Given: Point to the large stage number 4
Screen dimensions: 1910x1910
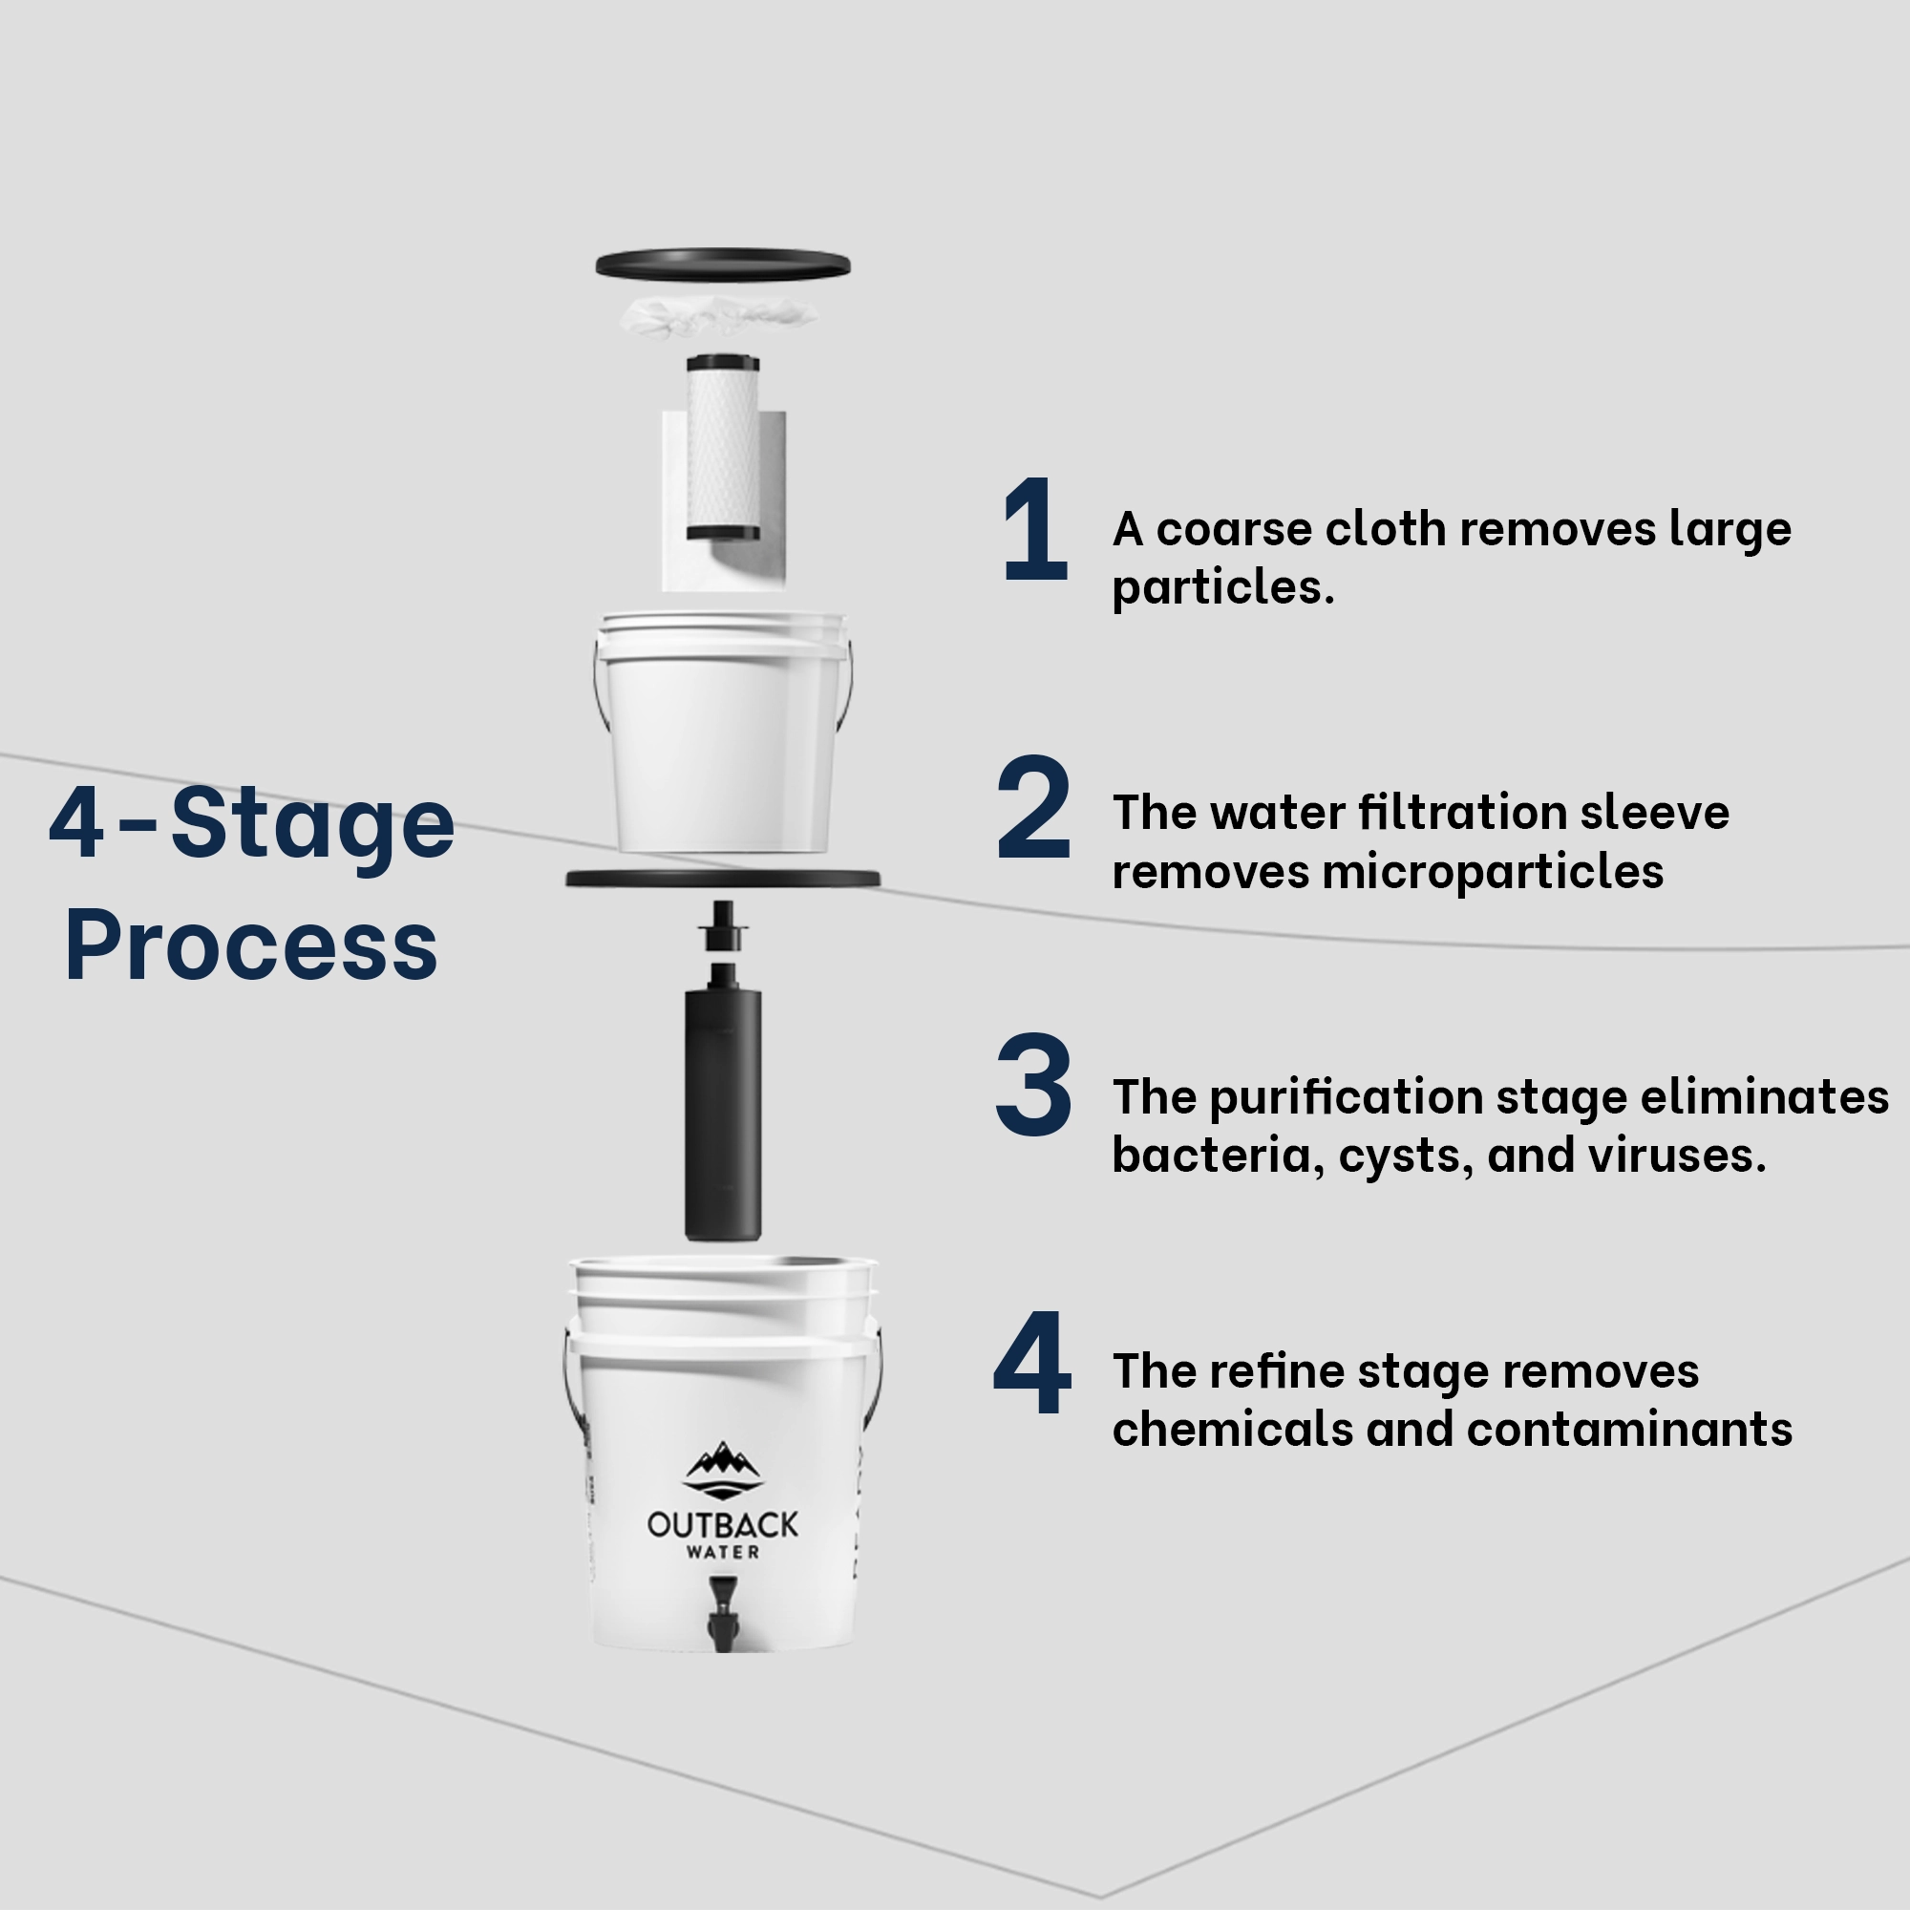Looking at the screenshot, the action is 1033,1363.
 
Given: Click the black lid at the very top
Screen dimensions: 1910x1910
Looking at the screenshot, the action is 723,263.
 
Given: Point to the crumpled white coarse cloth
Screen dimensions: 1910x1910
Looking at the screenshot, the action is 720,316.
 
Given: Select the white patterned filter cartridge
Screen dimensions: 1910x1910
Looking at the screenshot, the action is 724,448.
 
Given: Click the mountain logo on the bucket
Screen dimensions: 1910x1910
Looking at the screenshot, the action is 724,1469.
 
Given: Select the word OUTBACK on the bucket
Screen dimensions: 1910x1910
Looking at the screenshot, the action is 723,1524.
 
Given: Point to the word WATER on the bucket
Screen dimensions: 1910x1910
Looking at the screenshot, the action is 723,1552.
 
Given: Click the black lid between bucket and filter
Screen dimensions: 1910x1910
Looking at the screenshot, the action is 723,878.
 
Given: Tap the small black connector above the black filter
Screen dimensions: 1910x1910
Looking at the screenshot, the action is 723,926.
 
